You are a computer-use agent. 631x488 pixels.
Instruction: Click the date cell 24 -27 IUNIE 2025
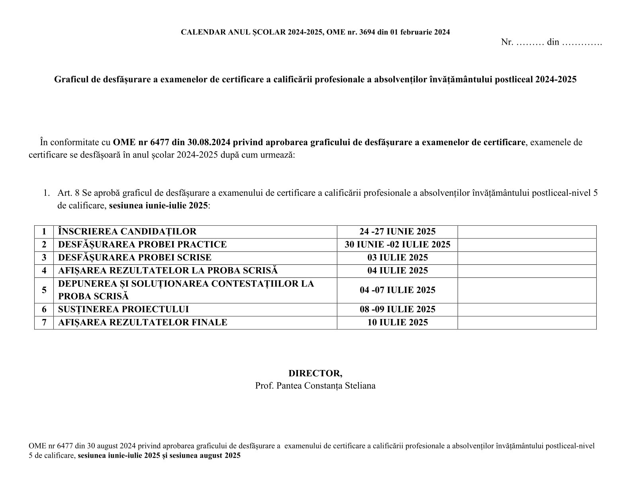pos(397,232)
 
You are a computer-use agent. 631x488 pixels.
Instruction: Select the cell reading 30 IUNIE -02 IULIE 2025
pos(397,244)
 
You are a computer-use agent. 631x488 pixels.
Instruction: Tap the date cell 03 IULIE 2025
pos(397,258)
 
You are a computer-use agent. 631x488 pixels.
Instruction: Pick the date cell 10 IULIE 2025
pos(397,323)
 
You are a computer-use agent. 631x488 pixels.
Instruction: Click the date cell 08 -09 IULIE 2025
pos(397,309)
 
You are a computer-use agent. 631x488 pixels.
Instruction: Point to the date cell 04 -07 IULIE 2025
pos(397,290)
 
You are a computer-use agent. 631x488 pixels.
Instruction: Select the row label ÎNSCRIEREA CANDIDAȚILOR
pos(127,232)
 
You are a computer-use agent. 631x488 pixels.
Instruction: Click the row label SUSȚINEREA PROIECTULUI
pos(123,309)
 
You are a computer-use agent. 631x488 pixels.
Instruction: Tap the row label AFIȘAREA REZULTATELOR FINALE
pos(143,323)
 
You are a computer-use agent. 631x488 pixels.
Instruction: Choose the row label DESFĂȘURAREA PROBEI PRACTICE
pos(142,244)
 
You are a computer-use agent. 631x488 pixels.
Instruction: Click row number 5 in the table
pos(44,290)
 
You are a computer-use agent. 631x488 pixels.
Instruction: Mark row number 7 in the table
pos(44,323)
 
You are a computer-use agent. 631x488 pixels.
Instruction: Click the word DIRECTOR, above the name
pos(315,374)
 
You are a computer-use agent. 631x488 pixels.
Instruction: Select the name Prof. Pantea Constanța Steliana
pos(315,386)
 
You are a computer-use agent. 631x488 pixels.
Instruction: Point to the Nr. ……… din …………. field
pos(551,42)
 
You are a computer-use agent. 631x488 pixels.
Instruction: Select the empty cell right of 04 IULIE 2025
pos(527,271)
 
